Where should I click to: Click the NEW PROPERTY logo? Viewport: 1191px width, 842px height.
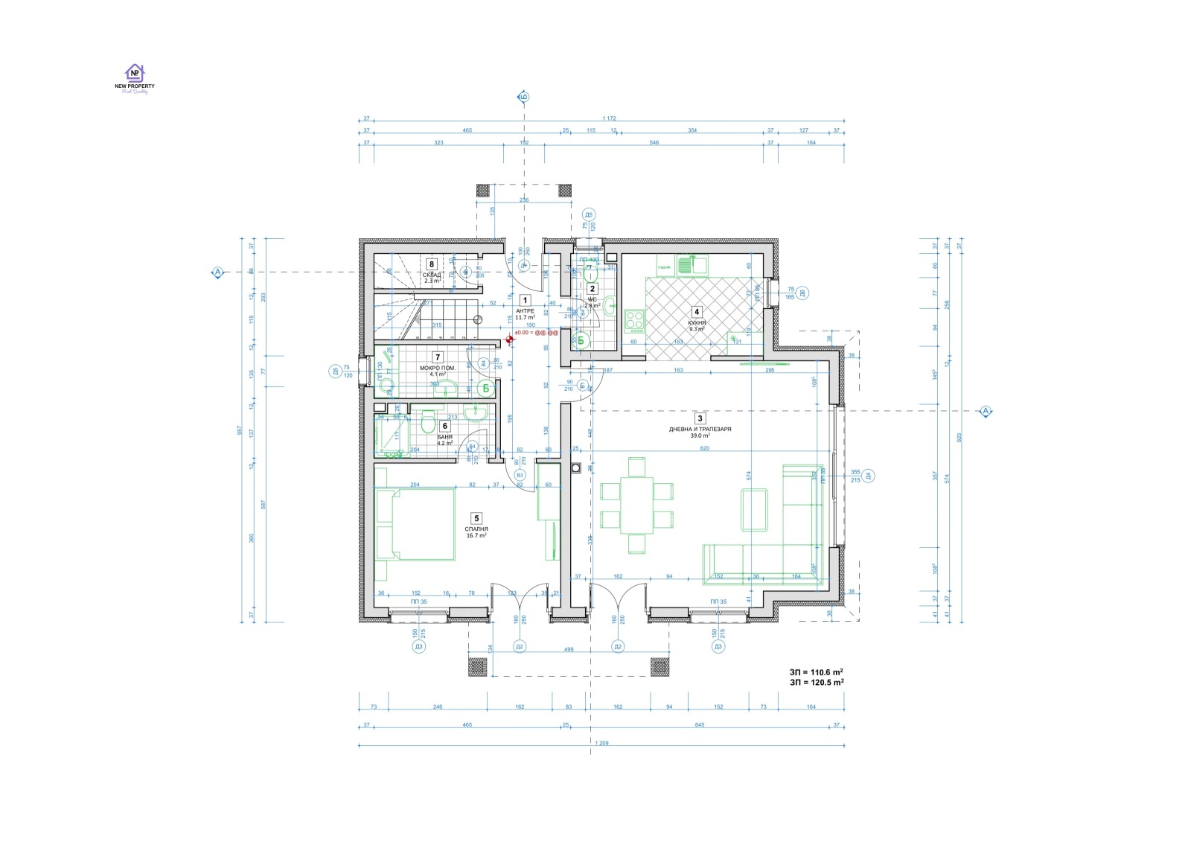tap(134, 77)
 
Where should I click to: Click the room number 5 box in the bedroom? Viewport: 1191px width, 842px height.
tap(476, 518)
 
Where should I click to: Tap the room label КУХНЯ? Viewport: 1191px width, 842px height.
tap(697, 323)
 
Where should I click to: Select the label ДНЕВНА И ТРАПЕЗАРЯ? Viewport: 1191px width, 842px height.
tap(700, 430)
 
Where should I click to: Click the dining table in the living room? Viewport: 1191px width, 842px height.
tap(636, 506)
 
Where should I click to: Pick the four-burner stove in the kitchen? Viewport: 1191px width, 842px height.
tap(635, 321)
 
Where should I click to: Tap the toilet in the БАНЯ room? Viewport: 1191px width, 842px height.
tap(427, 424)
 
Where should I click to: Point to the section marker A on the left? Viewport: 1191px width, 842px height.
tap(217, 272)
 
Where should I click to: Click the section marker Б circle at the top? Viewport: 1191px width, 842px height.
tap(523, 98)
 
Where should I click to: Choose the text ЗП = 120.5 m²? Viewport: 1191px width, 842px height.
tap(817, 682)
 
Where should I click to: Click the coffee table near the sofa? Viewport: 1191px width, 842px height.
tap(754, 509)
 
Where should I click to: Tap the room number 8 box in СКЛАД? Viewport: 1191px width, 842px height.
tap(431, 264)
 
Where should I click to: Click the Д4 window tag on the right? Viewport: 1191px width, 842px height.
tap(869, 476)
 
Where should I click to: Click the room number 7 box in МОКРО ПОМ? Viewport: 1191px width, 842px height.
tap(438, 358)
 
